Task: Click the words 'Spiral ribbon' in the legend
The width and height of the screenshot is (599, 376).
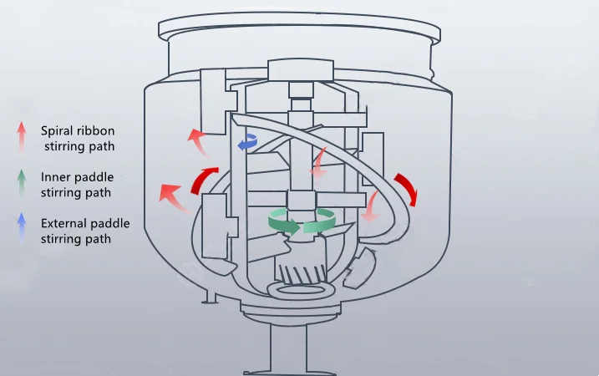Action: click(x=77, y=130)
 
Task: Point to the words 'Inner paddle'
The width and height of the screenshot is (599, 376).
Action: click(x=77, y=177)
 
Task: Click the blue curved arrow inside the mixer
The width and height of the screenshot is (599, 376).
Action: click(x=247, y=143)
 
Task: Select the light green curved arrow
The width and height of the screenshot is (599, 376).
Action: click(x=319, y=223)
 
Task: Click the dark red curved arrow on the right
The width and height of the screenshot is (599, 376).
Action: click(x=406, y=189)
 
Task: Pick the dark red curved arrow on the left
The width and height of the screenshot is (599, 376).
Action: click(x=206, y=178)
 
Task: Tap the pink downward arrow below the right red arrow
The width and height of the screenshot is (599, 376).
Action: click(x=372, y=206)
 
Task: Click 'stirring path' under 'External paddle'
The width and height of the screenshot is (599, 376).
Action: click(x=76, y=239)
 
